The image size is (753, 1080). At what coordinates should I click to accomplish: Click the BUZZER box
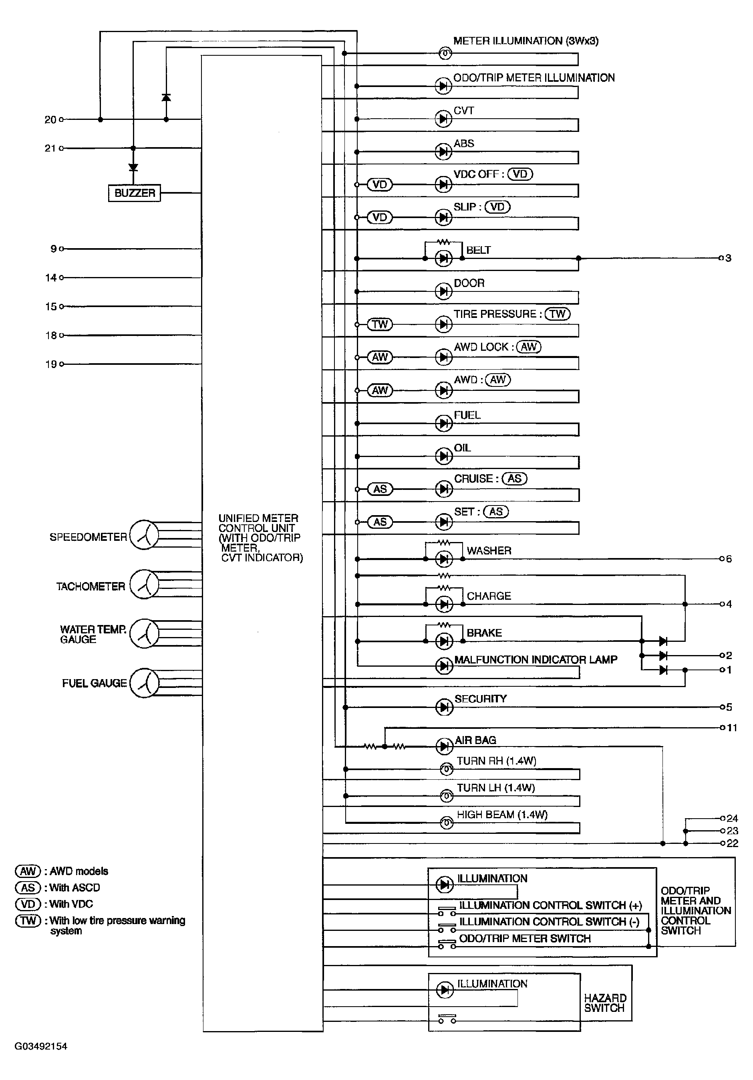[x=135, y=193]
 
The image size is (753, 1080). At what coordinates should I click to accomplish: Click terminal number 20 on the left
[x=51, y=120]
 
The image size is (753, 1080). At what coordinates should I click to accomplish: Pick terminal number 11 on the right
[x=732, y=728]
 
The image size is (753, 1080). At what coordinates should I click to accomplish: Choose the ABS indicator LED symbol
[x=443, y=152]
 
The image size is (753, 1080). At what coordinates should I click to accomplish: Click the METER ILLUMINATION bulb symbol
[x=445, y=54]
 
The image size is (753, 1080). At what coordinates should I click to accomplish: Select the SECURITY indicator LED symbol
[x=444, y=707]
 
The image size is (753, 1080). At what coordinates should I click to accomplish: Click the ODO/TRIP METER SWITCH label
[x=525, y=938]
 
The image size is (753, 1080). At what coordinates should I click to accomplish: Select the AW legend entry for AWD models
[x=62, y=871]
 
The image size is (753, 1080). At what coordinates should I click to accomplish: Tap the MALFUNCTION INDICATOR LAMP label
[x=536, y=660]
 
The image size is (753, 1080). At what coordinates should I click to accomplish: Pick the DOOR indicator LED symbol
[x=443, y=291]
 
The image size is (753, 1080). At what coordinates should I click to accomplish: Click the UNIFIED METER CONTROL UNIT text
[x=260, y=538]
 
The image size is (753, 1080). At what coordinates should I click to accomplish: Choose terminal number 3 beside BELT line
[x=728, y=258]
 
